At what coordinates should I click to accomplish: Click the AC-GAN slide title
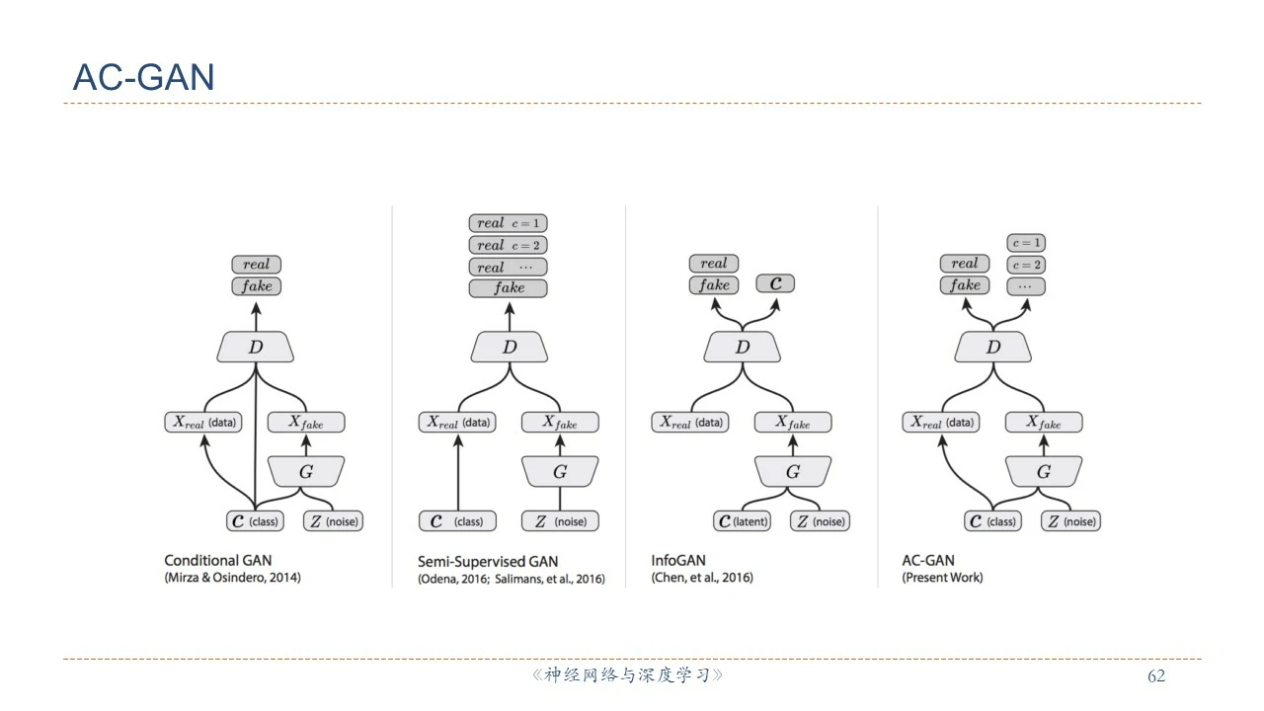(x=143, y=77)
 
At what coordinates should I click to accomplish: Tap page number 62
(x=1155, y=676)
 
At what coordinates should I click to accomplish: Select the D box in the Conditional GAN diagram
(x=256, y=347)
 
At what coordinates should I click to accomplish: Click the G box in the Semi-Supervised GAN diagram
(x=560, y=472)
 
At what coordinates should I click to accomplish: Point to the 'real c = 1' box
(x=509, y=223)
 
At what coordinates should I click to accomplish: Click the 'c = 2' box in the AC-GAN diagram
(x=1026, y=265)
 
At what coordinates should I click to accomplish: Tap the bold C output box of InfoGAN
(x=775, y=284)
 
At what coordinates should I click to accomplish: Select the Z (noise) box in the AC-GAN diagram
(x=1070, y=521)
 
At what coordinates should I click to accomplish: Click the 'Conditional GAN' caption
(x=217, y=560)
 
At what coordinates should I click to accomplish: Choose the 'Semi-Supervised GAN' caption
(x=487, y=561)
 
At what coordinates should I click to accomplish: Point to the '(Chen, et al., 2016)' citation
(x=701, y=578)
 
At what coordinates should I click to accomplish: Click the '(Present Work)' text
(x=942, y=578)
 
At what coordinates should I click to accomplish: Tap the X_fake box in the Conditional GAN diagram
(x=306, y=423)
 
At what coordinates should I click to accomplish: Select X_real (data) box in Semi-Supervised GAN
(x=457, y=423)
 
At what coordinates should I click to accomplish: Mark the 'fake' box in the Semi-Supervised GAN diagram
(x=509, y=288)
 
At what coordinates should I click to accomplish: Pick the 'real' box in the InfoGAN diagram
(x=713, y=264)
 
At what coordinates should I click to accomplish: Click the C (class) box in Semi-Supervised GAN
(x=457, y=521)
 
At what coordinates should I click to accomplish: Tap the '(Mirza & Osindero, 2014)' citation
(x=232, y=578)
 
